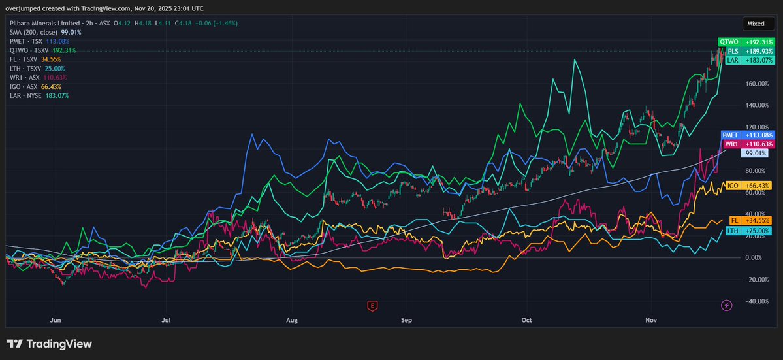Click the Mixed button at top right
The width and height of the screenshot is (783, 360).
click(756, 24)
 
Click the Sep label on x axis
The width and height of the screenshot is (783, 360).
click(407, 320)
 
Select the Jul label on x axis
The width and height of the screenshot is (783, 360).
click(166, 320)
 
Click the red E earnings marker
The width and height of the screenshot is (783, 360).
click(372, 305)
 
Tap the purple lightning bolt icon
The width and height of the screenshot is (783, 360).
click(726, 305)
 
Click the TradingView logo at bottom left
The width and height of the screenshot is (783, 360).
click(50, 344)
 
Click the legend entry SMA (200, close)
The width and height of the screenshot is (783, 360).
click(34, 31)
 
